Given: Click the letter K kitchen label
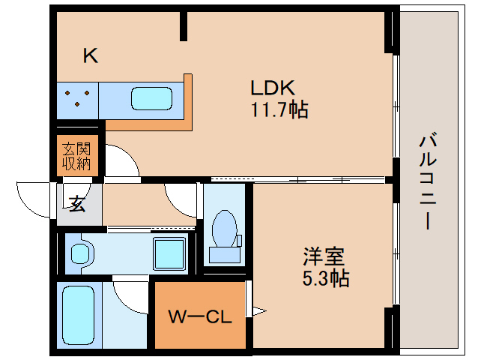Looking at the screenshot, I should pyautogui.click(x=91, y=55).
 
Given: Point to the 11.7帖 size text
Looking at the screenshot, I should pyautogui.click(x=279, y=110).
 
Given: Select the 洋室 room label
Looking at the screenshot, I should pyautogui.click(x=324, y=256).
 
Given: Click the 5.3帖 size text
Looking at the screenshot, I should pyautogui.click(x=326, y=279).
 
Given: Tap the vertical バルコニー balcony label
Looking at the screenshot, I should pyautogui.click(x=428, y=182).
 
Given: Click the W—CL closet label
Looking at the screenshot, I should pyautogui.click(x=199, y=316).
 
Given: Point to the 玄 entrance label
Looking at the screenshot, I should pyautogui.click(x=77, y=203).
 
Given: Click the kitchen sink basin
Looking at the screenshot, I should pyautogui.click(x=152, y=98).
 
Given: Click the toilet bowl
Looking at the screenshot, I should pyautogui.click(x=224, y=226).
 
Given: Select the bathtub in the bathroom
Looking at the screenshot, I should pyautogui.click(x=77, y=315).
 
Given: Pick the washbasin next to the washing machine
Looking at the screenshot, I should pyautogui.click(x=80, y=252).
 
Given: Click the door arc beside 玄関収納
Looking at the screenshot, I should pyautogui.click(x=121, y=160).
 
